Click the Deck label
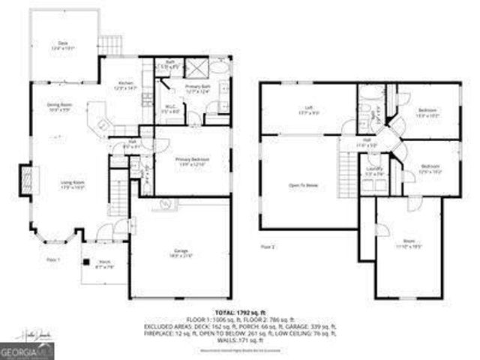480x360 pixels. (63, 45)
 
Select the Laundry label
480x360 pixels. (374, 171)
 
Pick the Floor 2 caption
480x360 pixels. (268, 246)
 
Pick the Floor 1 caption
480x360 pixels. (52, 259)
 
